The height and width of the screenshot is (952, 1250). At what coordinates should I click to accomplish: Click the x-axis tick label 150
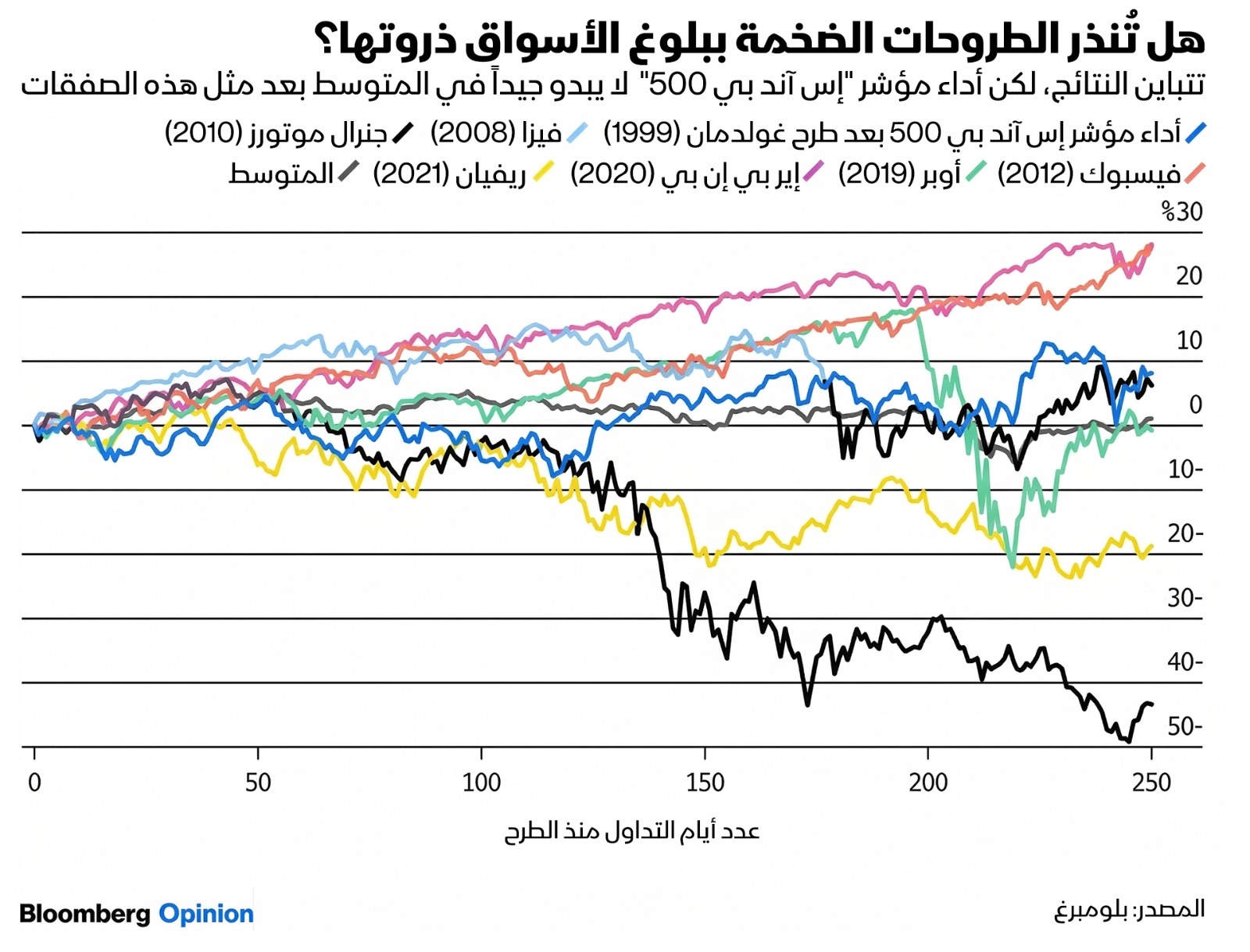pyautogui.click(x=705, y=782)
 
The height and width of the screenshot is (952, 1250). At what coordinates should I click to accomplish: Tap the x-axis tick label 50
pyautogui.click(x=258, y=782)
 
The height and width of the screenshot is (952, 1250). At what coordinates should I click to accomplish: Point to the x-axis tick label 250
pyautogui.click(x=1152, y=782)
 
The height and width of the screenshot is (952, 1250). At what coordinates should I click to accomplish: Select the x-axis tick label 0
pyautogui.click(x=34, y=782)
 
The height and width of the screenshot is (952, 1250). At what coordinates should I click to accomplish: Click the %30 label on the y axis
pyautogui.click(x=1181, y=212)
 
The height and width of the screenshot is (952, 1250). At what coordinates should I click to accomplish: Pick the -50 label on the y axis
pyautogui.click(x=1184, y=727)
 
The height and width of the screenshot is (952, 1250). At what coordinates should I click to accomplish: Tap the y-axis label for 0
pyautogui.click(x=1195, y=405)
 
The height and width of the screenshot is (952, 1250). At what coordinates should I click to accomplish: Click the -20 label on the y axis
pyautogui.click(x=1184, y=533)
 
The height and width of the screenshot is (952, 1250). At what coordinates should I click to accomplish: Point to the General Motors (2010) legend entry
pyautogui.click(x=277, y=134)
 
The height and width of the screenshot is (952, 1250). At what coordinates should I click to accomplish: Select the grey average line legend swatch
pyautogui.click(x=348, y=173)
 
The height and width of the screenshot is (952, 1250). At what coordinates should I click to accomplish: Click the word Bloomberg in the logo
pyautogui.click(x=84, y=914)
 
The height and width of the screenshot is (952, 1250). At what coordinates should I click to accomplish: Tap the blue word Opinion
pyautogui.click(x=206, y=914)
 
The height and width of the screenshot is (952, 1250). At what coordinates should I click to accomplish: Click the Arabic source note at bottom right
pyautogui.click(x=1129, y=910)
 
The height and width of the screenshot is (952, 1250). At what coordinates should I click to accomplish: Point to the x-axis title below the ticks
pyautogui.click(x=631, y=830)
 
